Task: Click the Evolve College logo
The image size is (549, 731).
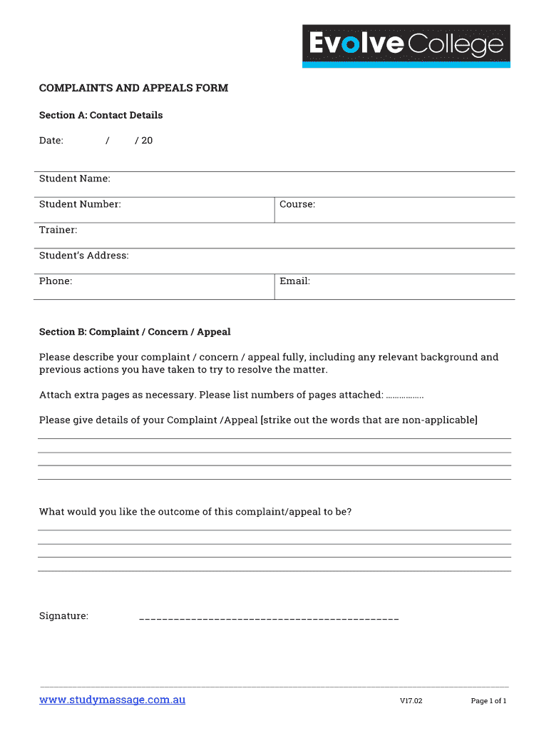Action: pyautogui.click(x=406, y=46)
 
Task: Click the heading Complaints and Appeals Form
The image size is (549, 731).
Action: pyautogui.click(x=133, y=89)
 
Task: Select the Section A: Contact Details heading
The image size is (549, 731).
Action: pyautogui.click(x=101, y=116)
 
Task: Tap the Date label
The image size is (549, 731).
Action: pyautogui.click(x=51, y=141)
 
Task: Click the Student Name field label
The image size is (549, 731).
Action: pyautogui.click(x=75, y=178)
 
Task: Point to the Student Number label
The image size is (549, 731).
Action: pyautogui.click(x=80, y=204)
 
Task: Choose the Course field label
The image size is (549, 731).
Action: pyautogui.click(x=297, y=204)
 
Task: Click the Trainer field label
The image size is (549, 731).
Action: pyautogui.click(x=58, y=230)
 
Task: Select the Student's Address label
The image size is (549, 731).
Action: pyautogui.click(x=84, y=256)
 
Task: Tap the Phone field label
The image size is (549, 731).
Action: pyautogui.click(x=56, y=281)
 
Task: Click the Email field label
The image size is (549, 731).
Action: pyautogui.click(x=294, y=281)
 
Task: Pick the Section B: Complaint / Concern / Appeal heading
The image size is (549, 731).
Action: pyautogui.click(x=135, y=332)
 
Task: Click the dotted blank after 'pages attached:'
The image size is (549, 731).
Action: pyautogui.click(x=404, y=395)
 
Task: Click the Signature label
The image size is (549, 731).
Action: pyautogui.click(x=63, y=616)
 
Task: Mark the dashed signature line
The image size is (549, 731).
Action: pyautogui.click(x=269, y=617)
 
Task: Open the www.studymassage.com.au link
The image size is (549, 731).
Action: pyautogui.click(x=112, y=700)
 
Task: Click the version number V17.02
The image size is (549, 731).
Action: pyautogui.click(x=411, y=701)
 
